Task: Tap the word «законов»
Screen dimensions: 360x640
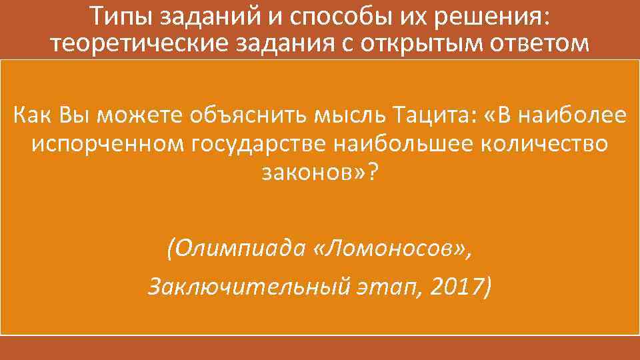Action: point(310,173)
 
